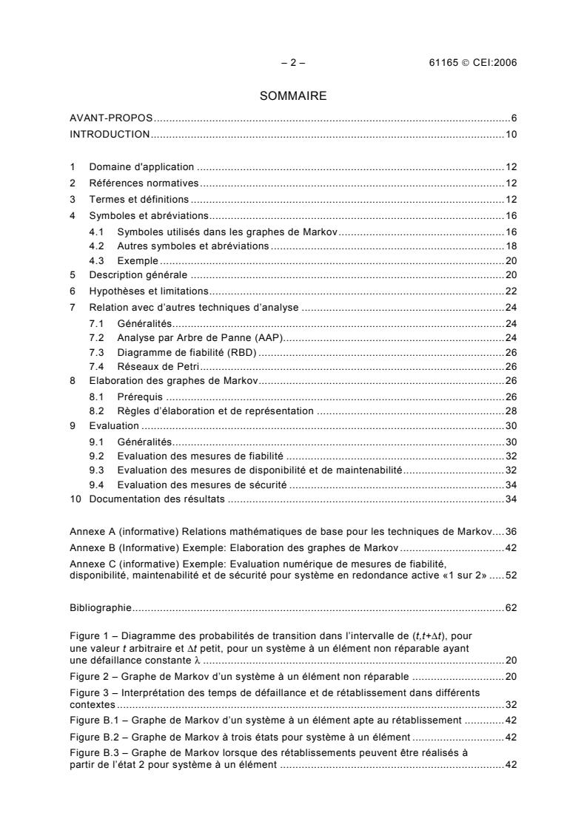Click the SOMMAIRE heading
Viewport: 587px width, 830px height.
coord(293,95)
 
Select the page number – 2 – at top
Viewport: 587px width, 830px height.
coord(293,63)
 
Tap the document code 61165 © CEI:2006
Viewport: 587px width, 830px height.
coord(468,63)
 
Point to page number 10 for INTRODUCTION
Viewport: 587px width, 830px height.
coord(511,135)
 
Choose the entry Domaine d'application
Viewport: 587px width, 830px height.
coord(141,167)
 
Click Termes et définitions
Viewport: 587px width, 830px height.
coord(139,200)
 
